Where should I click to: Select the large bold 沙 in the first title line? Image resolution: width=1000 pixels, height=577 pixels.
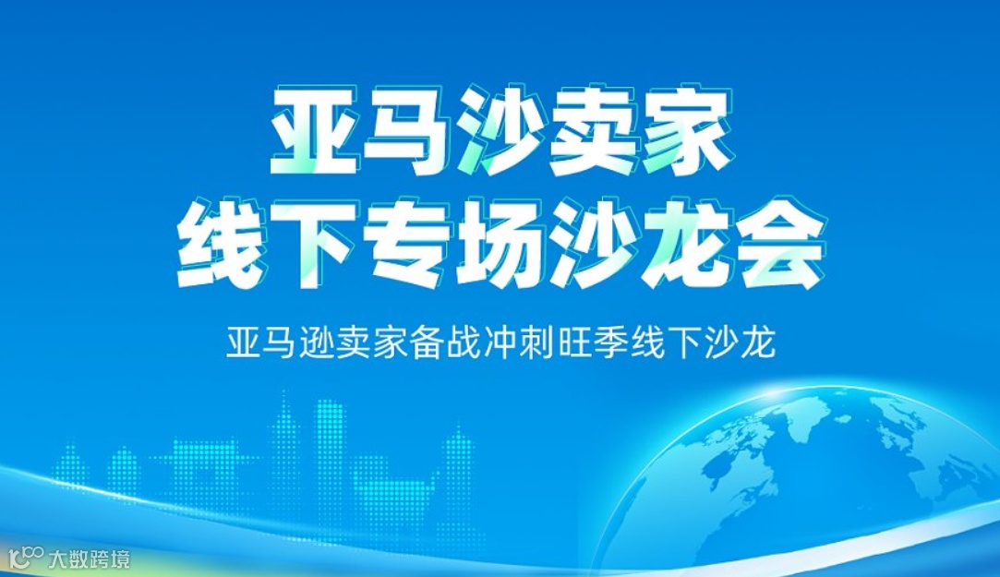[501, 133]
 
